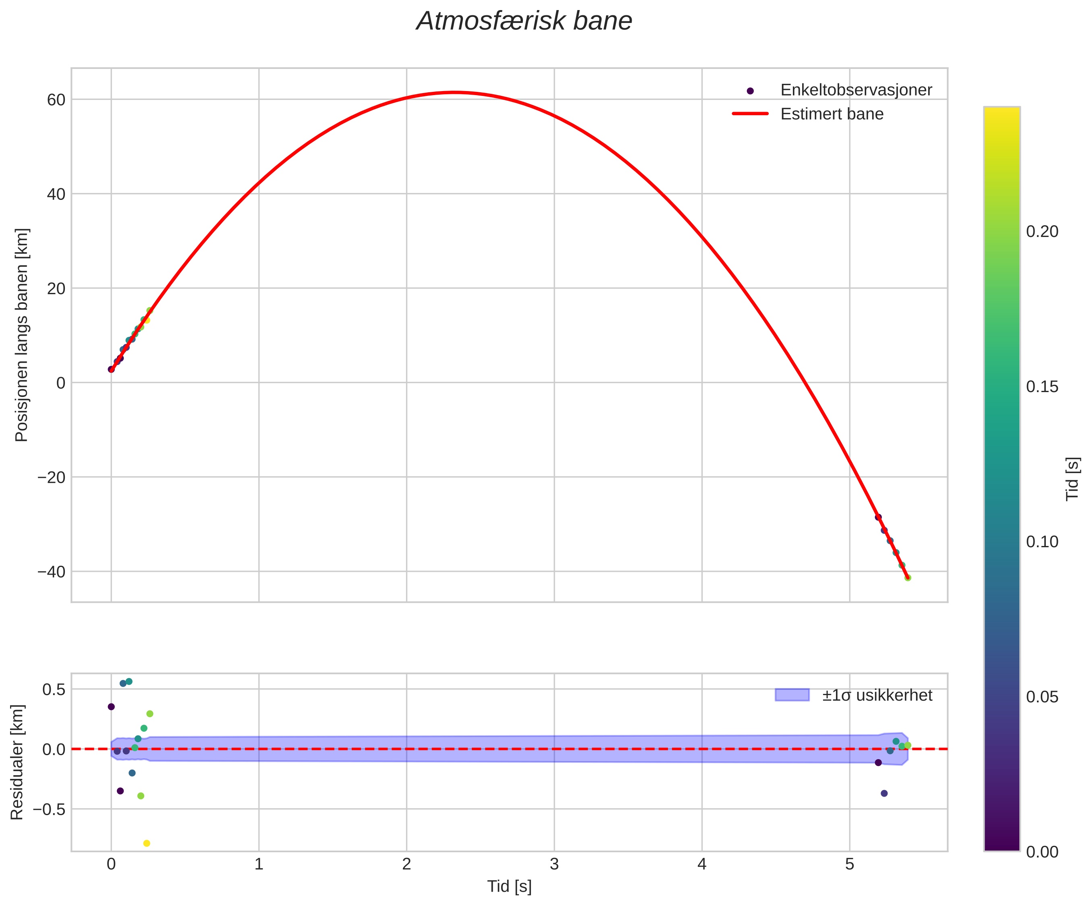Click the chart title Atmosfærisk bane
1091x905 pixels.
[x=524, y=22]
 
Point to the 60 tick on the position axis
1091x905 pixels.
[x=56, y=100]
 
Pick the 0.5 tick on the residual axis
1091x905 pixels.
[x=54, y=689]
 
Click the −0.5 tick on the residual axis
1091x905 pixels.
[x=50, y=809]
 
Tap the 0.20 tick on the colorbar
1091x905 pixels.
[x=1041, y=232]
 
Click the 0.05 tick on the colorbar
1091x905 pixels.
[x=1041, y=697]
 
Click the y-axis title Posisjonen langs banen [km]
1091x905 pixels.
[x=22, y=335]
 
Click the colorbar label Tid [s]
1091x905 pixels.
[x=1072, y=479]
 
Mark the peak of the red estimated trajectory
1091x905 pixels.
[x=454, y=92]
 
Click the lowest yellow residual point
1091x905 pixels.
[x=147, y=843]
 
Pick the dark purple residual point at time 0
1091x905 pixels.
[x=111, y=706]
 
